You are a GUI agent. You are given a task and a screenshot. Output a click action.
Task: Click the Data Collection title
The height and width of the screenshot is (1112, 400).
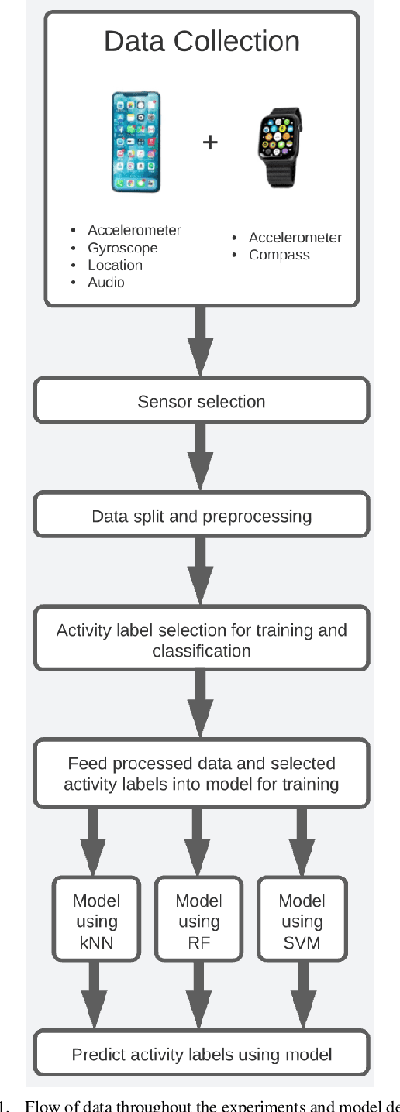click(202, 41)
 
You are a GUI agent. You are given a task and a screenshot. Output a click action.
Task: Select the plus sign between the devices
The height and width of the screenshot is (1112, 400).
click(209, 142)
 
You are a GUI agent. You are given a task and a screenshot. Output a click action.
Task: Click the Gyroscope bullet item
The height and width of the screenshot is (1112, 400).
click(122, 248)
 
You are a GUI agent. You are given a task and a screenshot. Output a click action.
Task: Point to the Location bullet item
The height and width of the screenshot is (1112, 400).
click(115, 265)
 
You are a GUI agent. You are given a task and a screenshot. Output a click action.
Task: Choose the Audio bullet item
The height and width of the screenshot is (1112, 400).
click(106, 282)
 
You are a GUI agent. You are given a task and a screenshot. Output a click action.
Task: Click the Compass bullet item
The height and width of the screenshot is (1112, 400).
click(279, 255)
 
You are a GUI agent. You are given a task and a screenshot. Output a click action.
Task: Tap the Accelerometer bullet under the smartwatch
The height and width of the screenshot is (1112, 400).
click(295, 238)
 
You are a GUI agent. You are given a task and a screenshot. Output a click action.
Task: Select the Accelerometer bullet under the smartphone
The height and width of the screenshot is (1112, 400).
click(134, 230)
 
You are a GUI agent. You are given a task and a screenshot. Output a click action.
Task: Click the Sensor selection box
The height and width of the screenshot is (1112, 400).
click(201, 401)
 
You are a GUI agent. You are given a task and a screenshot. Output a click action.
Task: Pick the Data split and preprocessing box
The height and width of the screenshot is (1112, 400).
click(201, 516)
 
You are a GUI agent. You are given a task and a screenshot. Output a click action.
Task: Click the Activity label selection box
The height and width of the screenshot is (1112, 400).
click(201, 640)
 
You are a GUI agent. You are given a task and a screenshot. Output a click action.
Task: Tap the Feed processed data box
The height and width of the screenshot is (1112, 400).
click(201, 774)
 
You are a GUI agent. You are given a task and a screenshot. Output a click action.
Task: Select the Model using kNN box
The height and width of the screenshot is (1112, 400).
click(96, 922)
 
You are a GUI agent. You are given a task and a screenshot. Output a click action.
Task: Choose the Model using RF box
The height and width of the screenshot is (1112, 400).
click(199, 922)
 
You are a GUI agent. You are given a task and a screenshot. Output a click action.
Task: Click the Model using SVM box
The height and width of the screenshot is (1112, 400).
click(302, 922)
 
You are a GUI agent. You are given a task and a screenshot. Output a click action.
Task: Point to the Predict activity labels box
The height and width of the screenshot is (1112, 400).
click(201, 1053)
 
